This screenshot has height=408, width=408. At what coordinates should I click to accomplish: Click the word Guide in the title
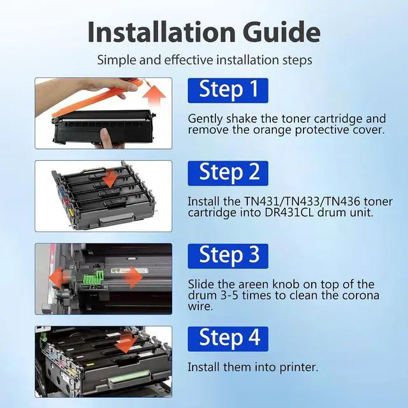tap(282, 32)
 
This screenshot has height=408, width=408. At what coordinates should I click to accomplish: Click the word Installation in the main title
tap(161, 31)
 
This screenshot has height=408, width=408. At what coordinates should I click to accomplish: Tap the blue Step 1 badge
tap(228, 91)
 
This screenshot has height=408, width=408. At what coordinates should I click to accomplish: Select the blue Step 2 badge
tap(228, 173)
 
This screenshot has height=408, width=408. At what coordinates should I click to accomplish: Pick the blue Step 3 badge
tap(228, 256)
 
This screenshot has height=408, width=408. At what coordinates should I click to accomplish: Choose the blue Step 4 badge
tap(228, 339)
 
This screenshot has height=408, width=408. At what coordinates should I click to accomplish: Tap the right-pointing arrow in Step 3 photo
tap(133, 277)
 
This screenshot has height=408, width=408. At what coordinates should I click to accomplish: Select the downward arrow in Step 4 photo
tap(126, 343)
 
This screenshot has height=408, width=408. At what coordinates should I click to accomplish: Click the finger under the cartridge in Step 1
tap(103, 138)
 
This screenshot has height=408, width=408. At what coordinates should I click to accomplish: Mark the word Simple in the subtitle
tap(117, 61)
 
